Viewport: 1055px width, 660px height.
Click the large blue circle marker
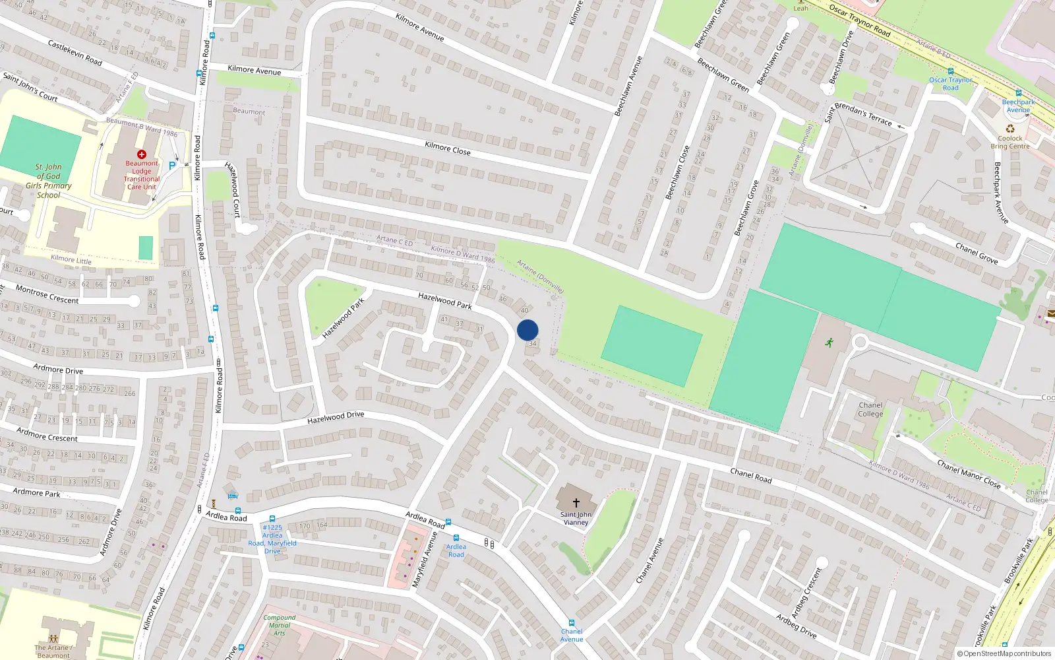[x=527, y=330]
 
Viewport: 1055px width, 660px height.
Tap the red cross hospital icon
[x=141, y=154]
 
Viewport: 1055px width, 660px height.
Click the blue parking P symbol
[x=172, y=166]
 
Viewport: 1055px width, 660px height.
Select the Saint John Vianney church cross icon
[x=576, y=503]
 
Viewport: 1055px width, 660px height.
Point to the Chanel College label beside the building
[x=870, y=410]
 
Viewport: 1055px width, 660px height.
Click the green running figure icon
[x=829, y=342]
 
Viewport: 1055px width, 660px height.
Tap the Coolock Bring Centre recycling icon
[x=1010, y=129]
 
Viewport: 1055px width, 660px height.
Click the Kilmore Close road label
[x=448, y=148]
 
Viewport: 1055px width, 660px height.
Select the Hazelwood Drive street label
[x=336, y=417]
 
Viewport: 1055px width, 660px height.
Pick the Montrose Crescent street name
[x=47, y=295]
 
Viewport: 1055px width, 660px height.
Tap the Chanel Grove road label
[x=977, y=253]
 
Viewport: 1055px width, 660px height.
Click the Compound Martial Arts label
[x=279, y=625]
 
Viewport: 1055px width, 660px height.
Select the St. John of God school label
[x=48, y=181]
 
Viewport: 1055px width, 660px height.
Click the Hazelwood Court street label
[x=233, y=189]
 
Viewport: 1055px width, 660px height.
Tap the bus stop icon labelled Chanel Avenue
[x=572, y=623]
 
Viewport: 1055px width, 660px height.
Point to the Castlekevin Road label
[x=75, y=52]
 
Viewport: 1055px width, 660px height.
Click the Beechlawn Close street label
[x=678, y=172]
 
